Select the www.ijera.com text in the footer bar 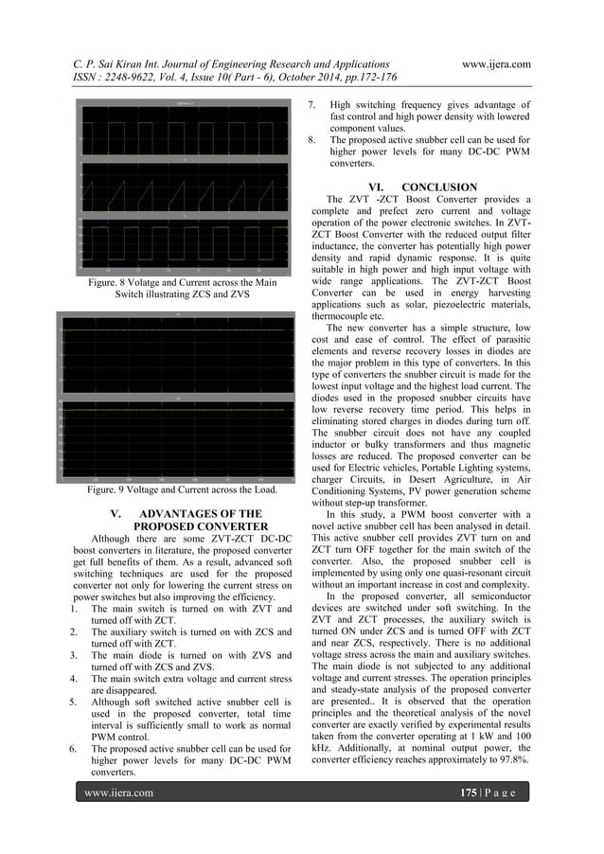tap(118, 792)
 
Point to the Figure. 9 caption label tap(109, 491)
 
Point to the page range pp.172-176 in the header tap(358, 78)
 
